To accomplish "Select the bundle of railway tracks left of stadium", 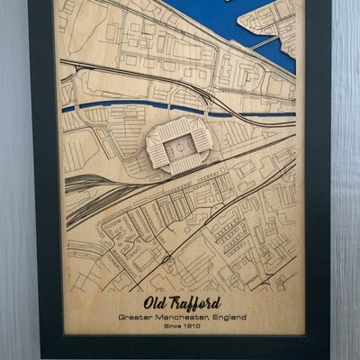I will [99, 184].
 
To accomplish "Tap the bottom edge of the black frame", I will [180, 346].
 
